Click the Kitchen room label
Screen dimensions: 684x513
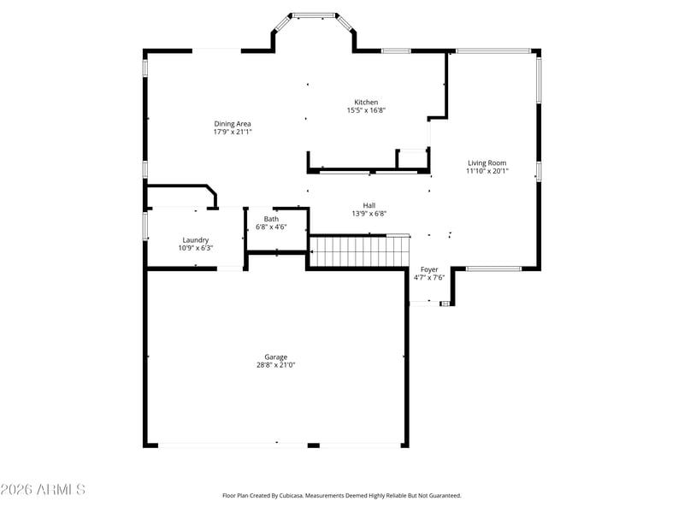coord(366,102)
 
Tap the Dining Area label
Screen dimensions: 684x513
coord(232,124)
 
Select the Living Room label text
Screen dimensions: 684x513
coord(486,163)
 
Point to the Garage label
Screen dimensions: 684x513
coord(275,357)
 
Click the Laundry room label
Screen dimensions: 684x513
coord(196,240)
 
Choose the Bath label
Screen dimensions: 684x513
coord(271,219)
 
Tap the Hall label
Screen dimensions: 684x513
coord(369,205)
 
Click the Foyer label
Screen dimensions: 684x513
coord(429,269)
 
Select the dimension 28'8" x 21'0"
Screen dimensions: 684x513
coord(275,365)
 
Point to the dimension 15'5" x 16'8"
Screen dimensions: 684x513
coord(366,110)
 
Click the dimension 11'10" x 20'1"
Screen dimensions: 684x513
coord(486,171)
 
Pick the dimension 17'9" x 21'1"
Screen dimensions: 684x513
coord(233,132)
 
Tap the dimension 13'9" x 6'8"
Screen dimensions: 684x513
coord(369,213)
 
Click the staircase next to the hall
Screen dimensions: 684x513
coord(359,251)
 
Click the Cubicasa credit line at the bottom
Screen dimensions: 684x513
coord(341,496)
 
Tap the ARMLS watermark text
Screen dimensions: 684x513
coord(43,489)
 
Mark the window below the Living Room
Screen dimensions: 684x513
coord(493,268)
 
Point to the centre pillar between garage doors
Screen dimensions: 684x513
coord(313,445)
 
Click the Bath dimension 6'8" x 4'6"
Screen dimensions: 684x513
coord(271,227)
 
